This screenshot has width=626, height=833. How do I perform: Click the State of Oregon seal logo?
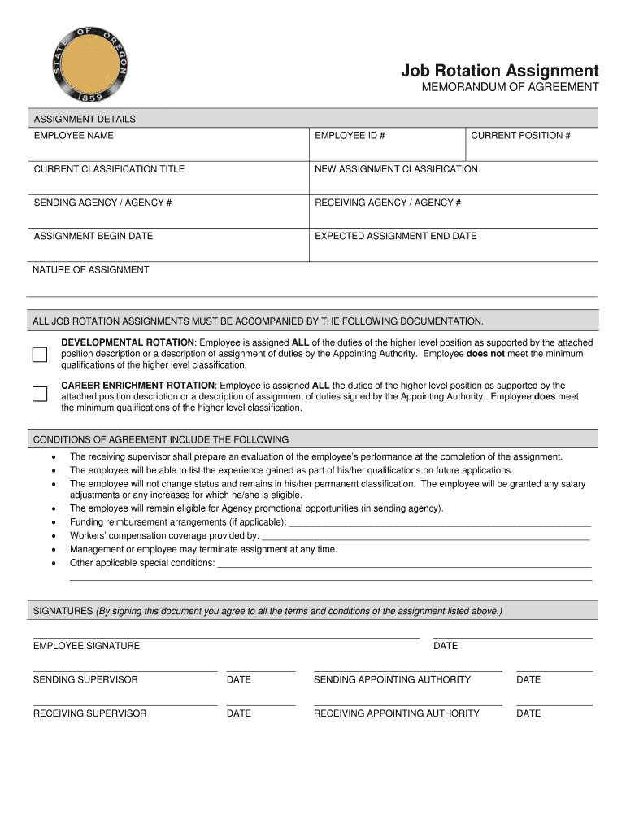click(x=89, y=64)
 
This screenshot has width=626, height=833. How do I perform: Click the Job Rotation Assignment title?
click(x=499, y=71)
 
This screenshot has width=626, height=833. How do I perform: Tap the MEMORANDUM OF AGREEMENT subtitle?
click(x=510, y=88)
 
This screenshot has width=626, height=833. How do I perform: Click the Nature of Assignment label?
click(x=91, y=270)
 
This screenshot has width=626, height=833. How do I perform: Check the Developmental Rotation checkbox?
click(x=40, y=355)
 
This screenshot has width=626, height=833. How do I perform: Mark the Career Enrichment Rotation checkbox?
click(x=40, y=394)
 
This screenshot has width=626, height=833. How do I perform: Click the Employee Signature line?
click(x=226, y=636)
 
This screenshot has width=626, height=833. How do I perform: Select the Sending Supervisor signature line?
click(x=125, y=669)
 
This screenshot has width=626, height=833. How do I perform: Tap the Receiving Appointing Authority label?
click(x=397, y=713)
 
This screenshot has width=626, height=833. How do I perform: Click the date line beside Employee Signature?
click(x=513, y=636)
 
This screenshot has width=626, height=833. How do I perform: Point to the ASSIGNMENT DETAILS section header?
click(x=85, y=120)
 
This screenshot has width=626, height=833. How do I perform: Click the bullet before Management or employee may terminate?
click(x=54, y=550)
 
